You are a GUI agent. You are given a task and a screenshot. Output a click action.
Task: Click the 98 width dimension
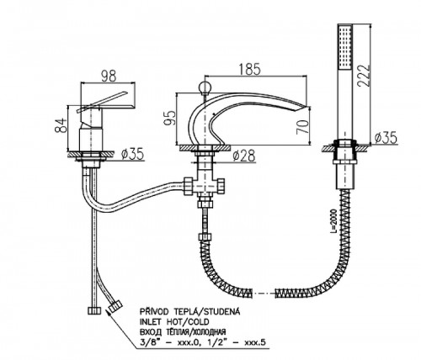[109, 76]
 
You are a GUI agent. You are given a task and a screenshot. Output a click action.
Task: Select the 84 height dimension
[61, 125]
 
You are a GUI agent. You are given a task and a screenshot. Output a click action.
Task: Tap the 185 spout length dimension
[249, 69]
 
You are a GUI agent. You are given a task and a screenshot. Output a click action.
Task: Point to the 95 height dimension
[170, 118]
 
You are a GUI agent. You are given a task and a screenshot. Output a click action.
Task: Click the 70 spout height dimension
[302, 127]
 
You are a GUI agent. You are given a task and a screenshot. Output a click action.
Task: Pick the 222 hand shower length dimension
[364, 76]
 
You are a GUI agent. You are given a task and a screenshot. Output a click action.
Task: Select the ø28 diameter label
[244, 156]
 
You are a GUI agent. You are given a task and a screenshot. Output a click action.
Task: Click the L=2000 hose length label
[333, 221]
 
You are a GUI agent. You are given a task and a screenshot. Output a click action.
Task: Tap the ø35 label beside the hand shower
[386, 137]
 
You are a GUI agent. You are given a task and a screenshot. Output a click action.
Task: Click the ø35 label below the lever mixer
[132, 154]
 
